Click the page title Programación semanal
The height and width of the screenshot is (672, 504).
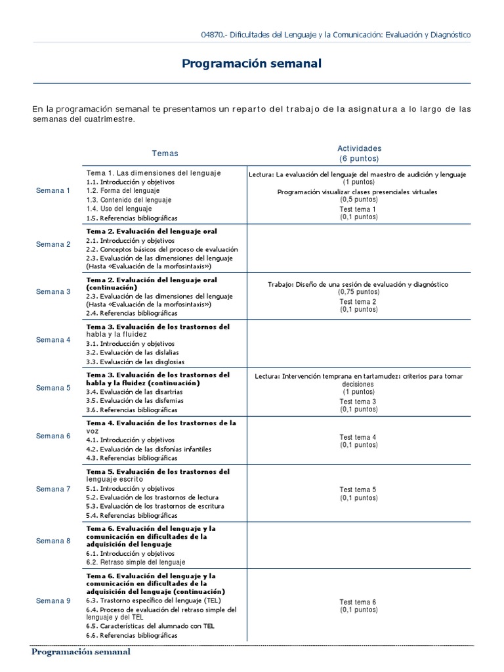pos(251,64)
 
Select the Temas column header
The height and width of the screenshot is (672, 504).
pos(165,153)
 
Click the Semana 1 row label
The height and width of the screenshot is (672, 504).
pos(53,190)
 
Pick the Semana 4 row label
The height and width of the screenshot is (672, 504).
pos(53,340)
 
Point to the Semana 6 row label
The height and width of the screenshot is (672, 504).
pos(53,436)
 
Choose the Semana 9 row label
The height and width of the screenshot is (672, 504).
pos(53,600)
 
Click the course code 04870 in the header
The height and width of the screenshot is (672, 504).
pos(213,35)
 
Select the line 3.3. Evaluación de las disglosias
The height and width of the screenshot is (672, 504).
pos(135,362)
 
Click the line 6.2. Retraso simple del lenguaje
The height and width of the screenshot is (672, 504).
pos(136,562)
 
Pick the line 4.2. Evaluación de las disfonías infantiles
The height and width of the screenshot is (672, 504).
pos(149,450)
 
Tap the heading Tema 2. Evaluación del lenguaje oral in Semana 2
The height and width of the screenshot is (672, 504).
pos(152,232)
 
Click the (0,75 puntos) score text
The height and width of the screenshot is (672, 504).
pos(358,291)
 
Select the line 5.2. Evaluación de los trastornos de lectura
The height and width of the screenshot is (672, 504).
pos(152,497)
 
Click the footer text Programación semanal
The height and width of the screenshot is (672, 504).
pos(81,652)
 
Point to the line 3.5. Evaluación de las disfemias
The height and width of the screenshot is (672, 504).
pos(135,400)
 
